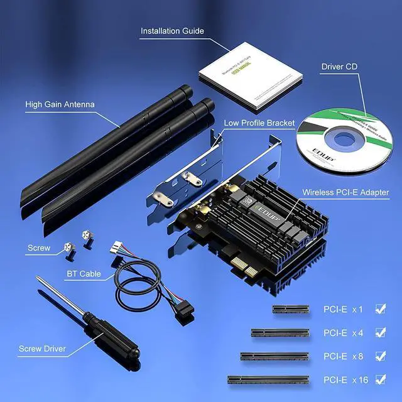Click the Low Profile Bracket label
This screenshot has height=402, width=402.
pos(259,123)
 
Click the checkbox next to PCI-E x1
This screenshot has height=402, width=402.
pos(380,308)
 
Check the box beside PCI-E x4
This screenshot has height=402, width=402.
pos(380,332)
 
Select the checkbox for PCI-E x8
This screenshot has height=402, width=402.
pos(380,356)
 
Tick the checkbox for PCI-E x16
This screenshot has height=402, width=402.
pos(380,379)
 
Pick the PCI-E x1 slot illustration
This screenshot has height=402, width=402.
pos(293,308)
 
